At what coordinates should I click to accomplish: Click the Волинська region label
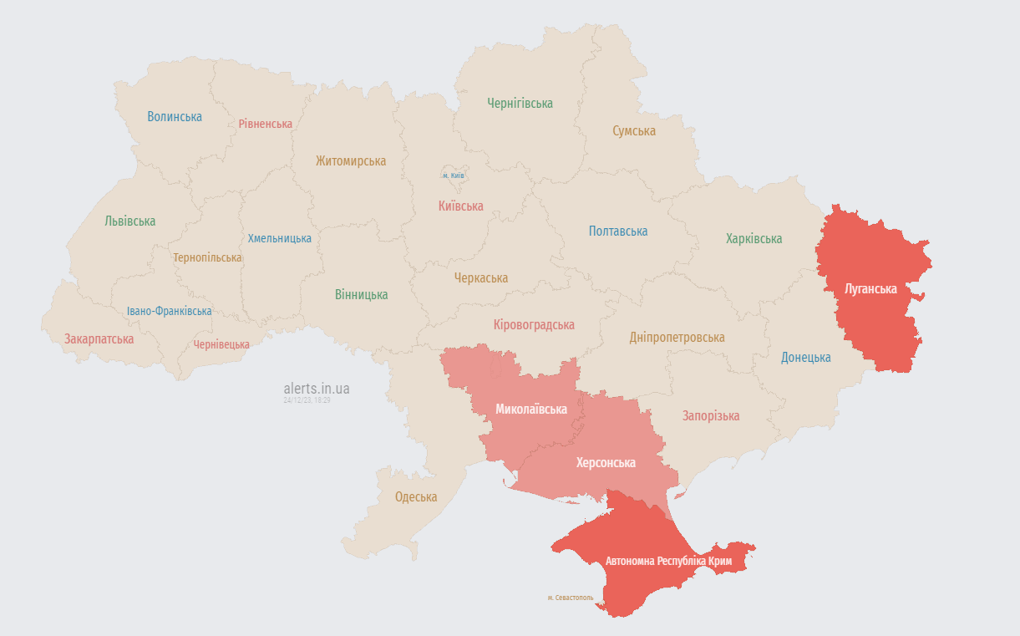pos(175,117)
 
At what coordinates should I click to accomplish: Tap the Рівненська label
pos(265,124)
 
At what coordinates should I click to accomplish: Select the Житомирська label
pos(351,161)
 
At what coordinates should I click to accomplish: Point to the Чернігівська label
pos(520,104)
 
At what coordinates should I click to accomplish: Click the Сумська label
pos(633,131)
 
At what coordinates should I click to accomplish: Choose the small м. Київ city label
pos(454,176)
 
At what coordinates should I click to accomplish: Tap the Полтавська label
pos(617,232)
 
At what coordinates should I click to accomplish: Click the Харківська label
pos(754,239)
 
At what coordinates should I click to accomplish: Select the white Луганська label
pos(870,289)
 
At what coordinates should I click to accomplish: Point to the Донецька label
pos(805,358)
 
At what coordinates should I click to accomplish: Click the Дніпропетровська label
pos(677,338)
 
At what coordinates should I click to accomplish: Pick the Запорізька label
pos(710,416)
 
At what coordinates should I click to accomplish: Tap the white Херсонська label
pos(606,463)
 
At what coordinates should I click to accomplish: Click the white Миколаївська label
pos(531,410)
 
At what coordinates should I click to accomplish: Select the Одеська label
pos(416,497)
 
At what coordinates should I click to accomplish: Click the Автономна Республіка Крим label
pos(668,562)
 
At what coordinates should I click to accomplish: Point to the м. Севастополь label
pos(571,598)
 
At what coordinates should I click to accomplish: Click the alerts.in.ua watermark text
pos(317,389)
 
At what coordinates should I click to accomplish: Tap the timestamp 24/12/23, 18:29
pos(307,401)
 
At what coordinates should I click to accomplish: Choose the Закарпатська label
pos(99,339)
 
